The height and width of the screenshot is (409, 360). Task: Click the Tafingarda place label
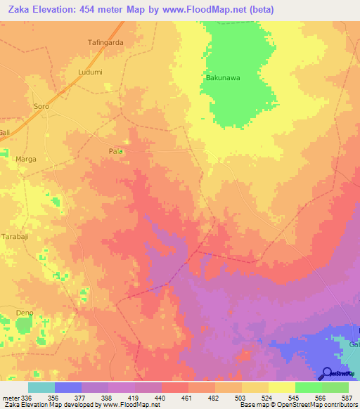(105, 42)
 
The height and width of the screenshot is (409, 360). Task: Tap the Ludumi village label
(90, 72)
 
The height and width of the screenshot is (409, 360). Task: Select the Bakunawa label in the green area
(223, 79)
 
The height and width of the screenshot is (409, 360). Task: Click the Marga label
(25, 160)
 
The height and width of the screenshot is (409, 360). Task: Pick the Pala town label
(116, 151)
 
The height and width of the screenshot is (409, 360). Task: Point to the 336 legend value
(25, 397)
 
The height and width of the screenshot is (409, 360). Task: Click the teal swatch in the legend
(41, 387)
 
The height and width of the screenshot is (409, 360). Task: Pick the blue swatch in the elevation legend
(68, 387)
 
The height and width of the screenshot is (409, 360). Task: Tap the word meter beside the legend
(9, 397)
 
